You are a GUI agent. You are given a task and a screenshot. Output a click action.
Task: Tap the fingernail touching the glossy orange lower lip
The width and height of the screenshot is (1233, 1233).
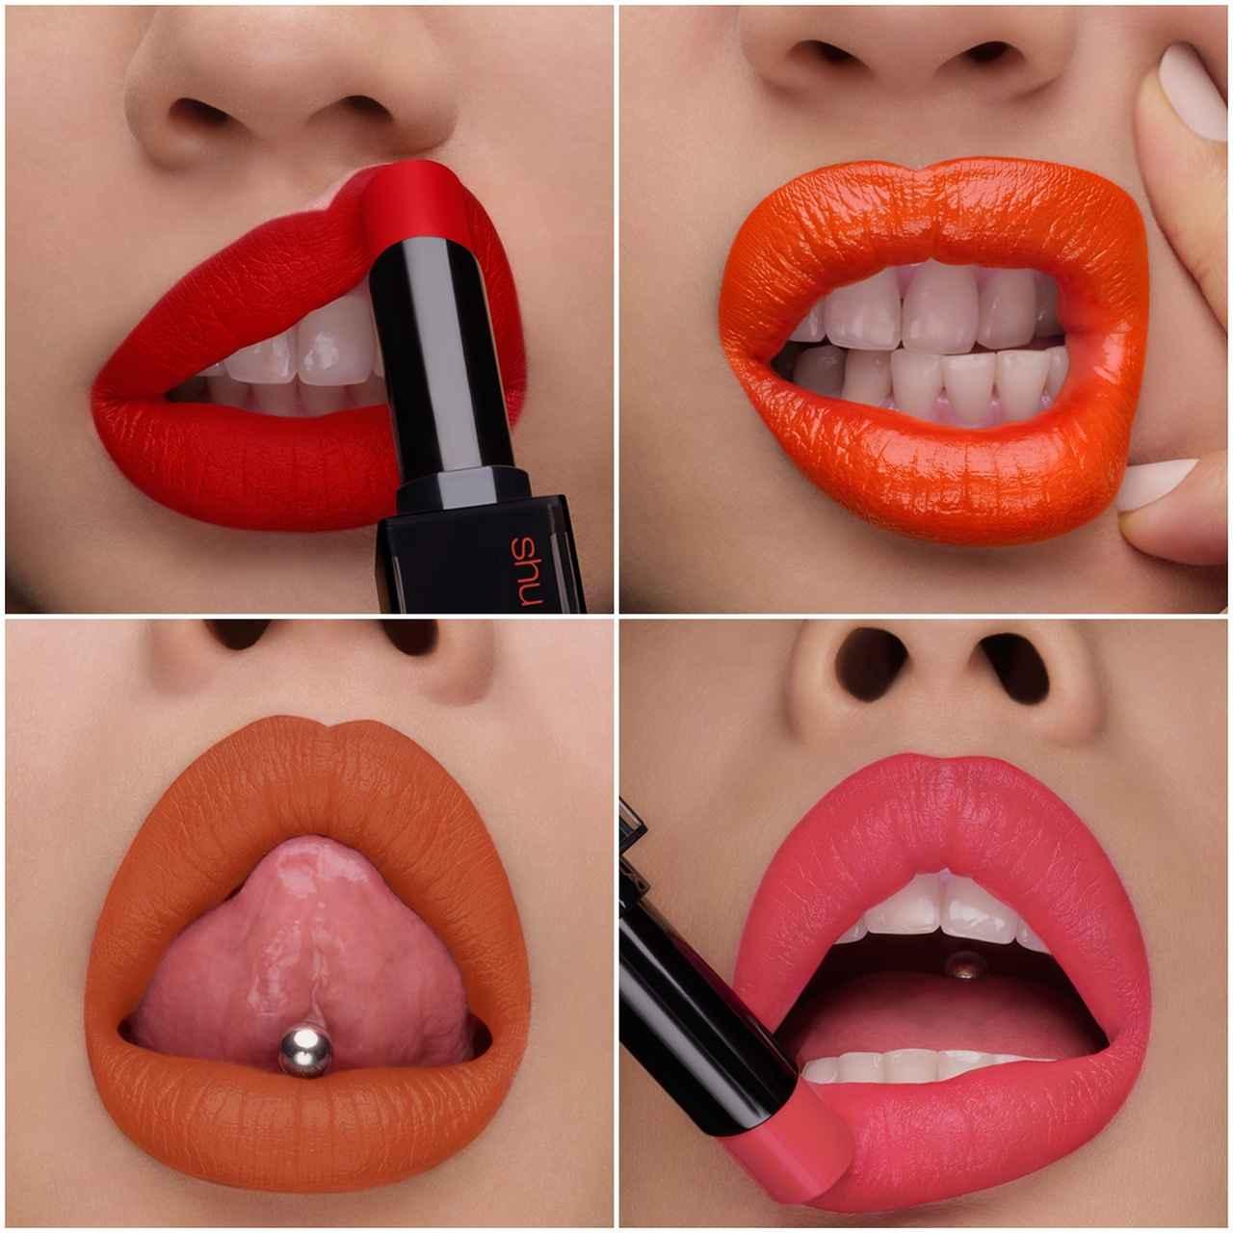[x=1157, y=483]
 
